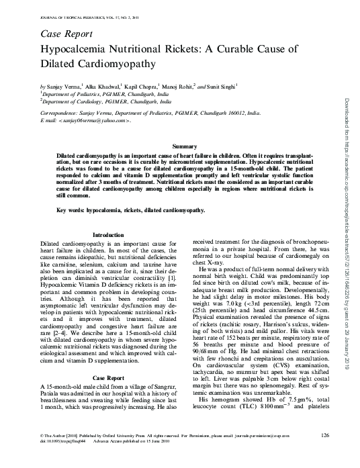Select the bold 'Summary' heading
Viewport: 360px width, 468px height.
(185, 146)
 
